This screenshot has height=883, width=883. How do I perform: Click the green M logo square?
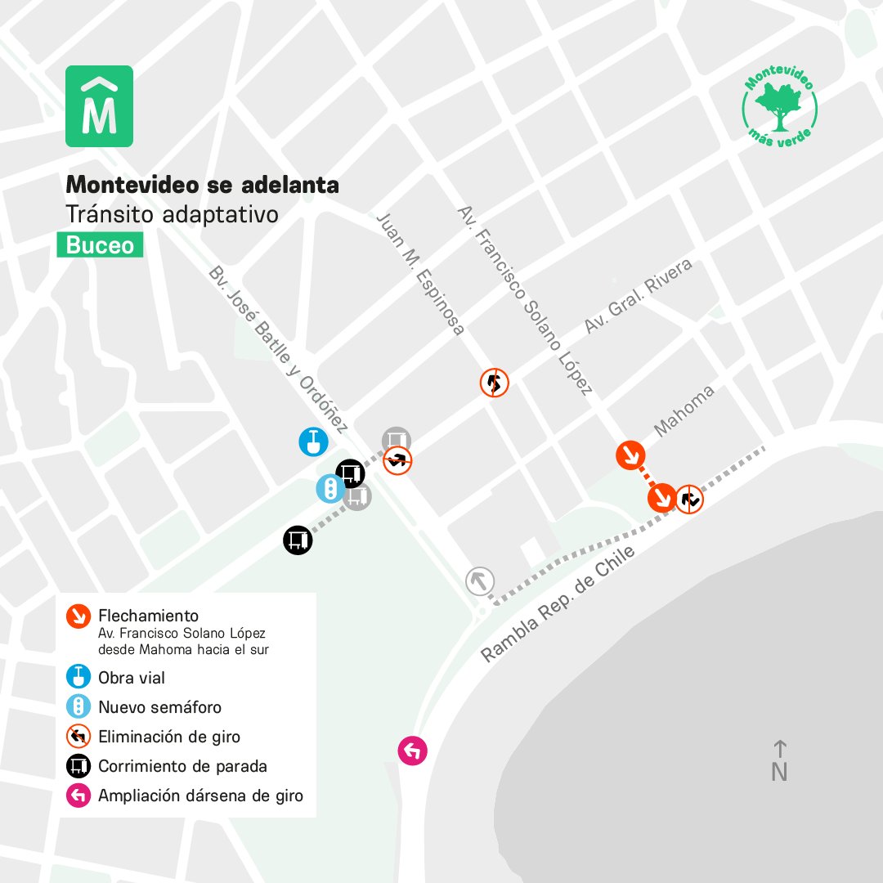(99, 106)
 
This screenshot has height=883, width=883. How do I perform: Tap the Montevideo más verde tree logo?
(779, 106)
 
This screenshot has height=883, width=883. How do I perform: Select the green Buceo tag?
(100, 245)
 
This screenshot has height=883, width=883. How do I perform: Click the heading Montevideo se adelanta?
(202, 185)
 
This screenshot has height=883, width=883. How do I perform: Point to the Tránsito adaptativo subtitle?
(172, 215)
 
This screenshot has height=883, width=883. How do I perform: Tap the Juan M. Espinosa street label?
(420, 274)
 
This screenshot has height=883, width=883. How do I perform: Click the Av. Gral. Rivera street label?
(638, 296)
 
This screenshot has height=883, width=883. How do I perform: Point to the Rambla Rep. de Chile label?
(558, 604)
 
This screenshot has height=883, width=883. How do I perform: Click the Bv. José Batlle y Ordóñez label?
(279, 349)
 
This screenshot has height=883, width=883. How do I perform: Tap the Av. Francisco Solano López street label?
(525, 300)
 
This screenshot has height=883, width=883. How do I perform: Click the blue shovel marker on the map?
(313, 441)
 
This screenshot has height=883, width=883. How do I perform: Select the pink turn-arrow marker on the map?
(412, 750)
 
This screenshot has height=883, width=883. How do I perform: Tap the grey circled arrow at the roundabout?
(480, 581)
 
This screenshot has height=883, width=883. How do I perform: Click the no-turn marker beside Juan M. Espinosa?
(494, 382)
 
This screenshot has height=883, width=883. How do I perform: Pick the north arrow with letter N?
(779, 761)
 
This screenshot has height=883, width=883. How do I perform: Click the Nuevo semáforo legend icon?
(78, 707)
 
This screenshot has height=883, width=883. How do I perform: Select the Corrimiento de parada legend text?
(182, 766)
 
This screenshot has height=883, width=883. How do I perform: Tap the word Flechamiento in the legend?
(148, 616)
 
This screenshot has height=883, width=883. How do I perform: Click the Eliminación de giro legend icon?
(78, 737)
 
